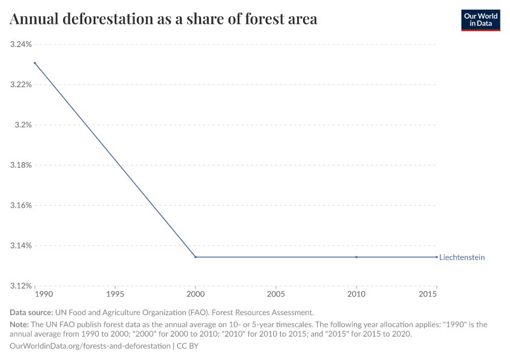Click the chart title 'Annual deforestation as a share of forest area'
pyautogui.click(x=163, y=19)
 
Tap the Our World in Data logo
pyautogui.click(x=480, y=20)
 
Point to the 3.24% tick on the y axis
pyautogui.click(x=20, y=44)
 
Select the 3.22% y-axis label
pyautogui.click(x=20, y=85)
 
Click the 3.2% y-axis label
pyautogui.click(x=23, y=125)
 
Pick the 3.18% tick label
pyautogui.click(x=20, y=165)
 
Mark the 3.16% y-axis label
pyautogui.click(x=20, y=205)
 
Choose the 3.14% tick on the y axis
pyautogui.click(x=20, y=245)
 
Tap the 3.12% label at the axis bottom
pyautogui.click(x=20, y=286)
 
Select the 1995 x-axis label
pyautogui.click(x=115, y=295)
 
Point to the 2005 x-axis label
pyautogui.click(x=276, y=295)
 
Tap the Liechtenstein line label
pyautogui.click(x=462, y=257)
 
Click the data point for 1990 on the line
pyautogui.click(x=35, y=62)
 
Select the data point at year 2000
pyautogui.click(x=196, y=257)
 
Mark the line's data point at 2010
pyautogui.click(x=356, y=257)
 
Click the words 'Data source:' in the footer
pyautogui.click(x=31, y=313)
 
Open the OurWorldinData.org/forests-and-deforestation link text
pyautogui.click(x=90, y=346)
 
